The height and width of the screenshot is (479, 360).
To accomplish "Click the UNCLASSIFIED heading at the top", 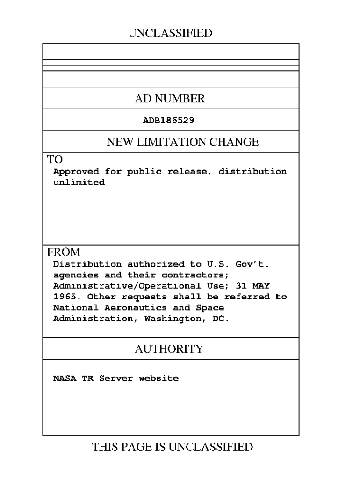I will [x=170, y=33].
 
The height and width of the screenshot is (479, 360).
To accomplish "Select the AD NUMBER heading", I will [x=170, y=99].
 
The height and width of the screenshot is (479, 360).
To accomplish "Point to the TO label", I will [x=55, y=160].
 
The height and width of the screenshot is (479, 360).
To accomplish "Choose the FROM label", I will [x=63, y=252].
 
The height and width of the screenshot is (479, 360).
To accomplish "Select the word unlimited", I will [x=79, y=183].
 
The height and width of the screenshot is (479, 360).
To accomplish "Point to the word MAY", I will [x=261, y=286].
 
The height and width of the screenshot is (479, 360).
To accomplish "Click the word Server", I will [x=116, y=378].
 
